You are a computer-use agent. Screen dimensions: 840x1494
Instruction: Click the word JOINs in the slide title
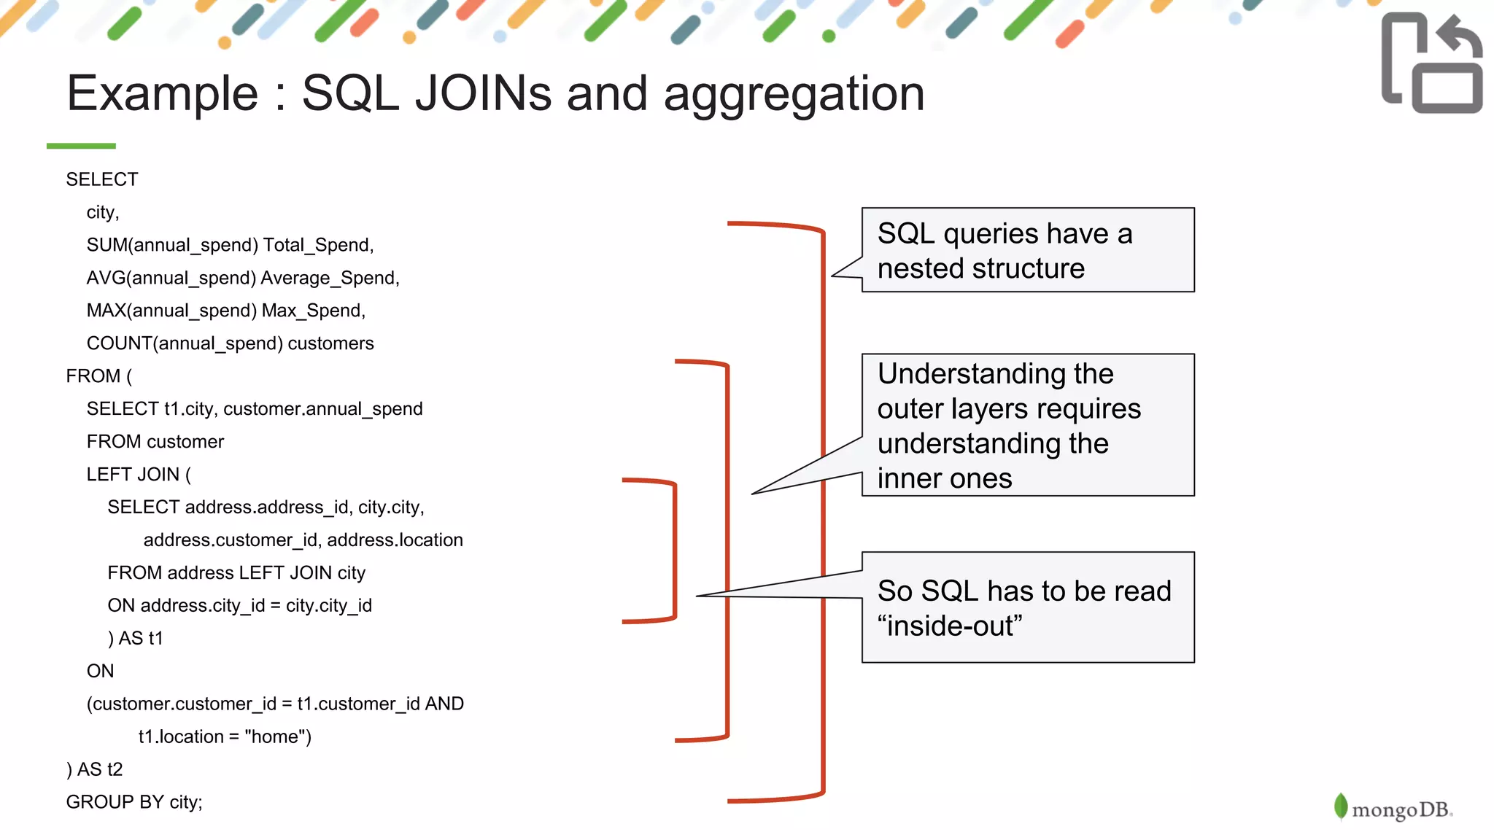[x=483, y=93]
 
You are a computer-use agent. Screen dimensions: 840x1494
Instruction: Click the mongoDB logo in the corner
[x=1393, y=808]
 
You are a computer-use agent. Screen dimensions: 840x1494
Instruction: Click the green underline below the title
[x=81, y=146]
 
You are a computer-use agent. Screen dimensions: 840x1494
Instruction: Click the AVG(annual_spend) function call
[x=171, y=278]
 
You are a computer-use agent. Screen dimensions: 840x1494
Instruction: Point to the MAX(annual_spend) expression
[x=171, y=311]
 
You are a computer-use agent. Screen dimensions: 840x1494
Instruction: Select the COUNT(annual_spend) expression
[x=185, y=343]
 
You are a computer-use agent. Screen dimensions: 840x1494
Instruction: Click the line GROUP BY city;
[x=134, y=802]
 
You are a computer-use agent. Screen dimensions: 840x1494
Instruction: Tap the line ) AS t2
[x=95, y=769]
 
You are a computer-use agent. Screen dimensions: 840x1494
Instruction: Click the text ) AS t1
[x=136, y=638]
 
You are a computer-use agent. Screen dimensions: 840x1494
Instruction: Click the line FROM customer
[x=155, y=442]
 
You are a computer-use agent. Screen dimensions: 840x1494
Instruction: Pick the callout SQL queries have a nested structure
[x=1027, y=250]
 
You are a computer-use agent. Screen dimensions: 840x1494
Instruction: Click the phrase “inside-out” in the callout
[x=950, y=626]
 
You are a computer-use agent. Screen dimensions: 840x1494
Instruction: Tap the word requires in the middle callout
[x=1095, y=409]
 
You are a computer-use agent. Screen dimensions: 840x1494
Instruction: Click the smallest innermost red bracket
[x=674, y=551]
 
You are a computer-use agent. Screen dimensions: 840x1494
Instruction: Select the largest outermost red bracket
[x=822, y=510]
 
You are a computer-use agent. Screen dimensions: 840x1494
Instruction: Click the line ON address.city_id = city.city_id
[x=239, y=605]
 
